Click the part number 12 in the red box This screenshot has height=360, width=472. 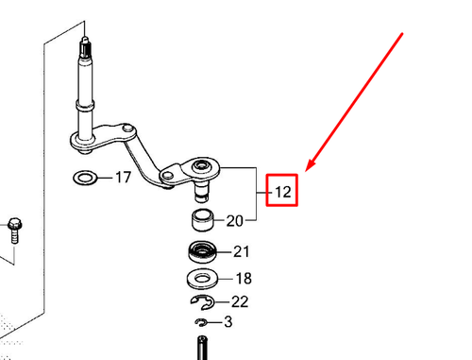[x=282, y=193]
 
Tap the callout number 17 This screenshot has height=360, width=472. [x=123, y=178]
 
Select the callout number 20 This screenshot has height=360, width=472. [x=235, y=222]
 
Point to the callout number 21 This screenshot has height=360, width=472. [x=242, y=252]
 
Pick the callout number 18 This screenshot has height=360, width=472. [x=243, y=279]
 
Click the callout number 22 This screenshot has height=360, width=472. [x=240, y=302]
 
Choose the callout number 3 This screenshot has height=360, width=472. [x=228, y=323]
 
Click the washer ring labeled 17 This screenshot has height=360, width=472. [x=84, y=178]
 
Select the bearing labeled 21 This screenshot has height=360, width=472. [x=202, y=252]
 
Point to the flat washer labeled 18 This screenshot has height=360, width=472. [x=203, y=279]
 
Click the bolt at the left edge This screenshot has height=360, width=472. [x=15, y=228]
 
